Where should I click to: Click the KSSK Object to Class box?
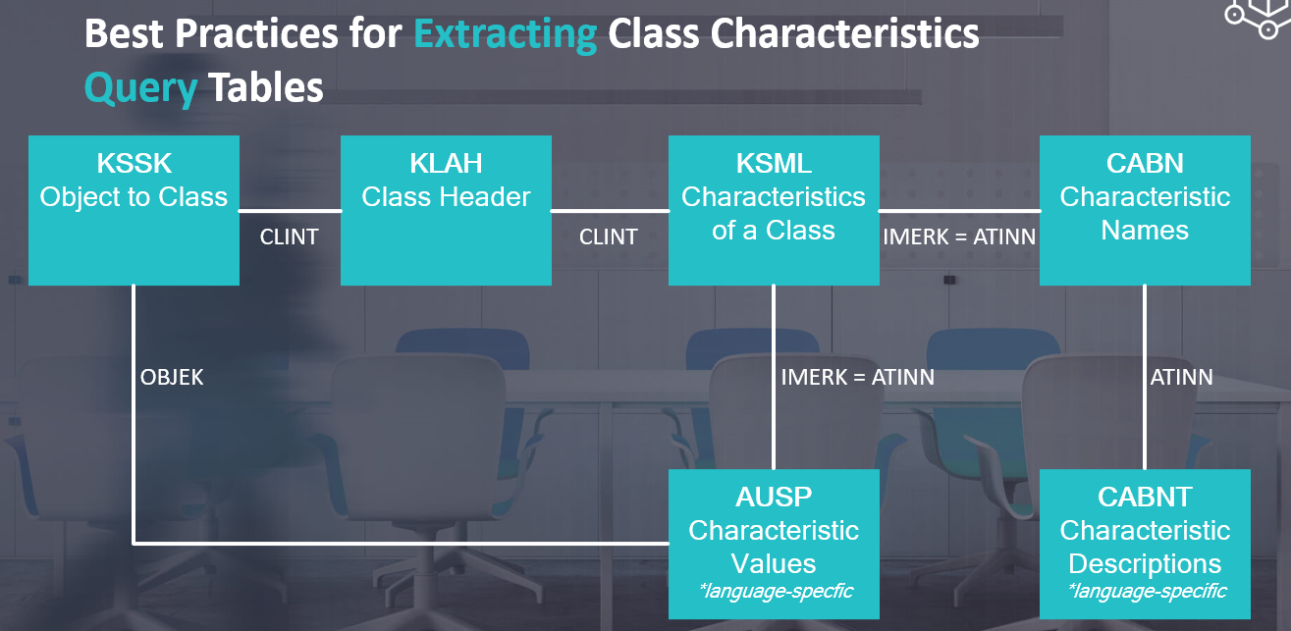click(x=134, y=210)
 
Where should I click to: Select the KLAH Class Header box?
click(x=446, y=210)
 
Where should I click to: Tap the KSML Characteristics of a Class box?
click(x=774, y=210)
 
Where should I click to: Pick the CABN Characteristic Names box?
click(x=1145, y=210)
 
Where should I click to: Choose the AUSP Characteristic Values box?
click(x=774, y=544)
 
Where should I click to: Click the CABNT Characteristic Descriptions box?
click(x=1145, y=544)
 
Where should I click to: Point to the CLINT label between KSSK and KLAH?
click(x=289, y=237)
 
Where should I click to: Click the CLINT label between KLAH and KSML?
click(x=609, y=237)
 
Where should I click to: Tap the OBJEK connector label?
click(x=172, y=378)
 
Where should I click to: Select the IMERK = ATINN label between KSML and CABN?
click(x=959, y=237)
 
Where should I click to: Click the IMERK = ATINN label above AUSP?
click(x=858, y=378)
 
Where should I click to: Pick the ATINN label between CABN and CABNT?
click(x=1181, y=378)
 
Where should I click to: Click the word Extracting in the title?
click(x=506, y=34)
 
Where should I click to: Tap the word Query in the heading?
click(x=141, y=88)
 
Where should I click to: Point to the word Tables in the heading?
click(x=266, y=87)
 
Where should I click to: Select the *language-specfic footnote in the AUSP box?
click(x=776, y=591)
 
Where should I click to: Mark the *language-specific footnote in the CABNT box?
click(x=1147, y=591)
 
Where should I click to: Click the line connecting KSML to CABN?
click(x=959, y=211)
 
